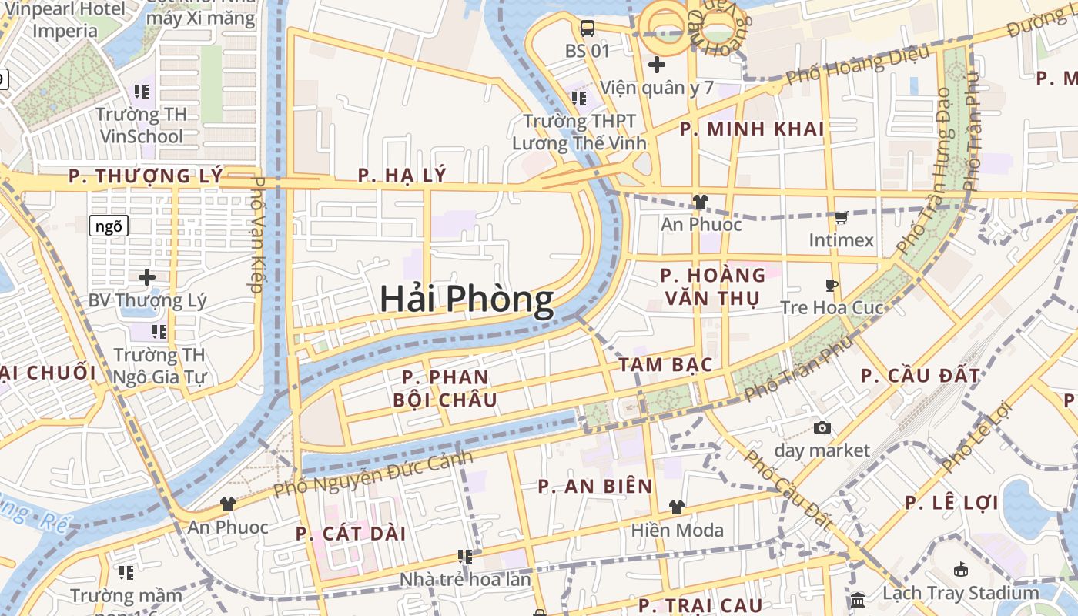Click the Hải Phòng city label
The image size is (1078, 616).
point(467,299)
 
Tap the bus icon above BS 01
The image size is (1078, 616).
point(588,28)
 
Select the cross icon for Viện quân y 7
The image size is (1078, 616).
point(656,65)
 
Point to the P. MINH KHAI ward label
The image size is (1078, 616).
point(752,129)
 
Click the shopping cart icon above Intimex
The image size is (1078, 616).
point(841,218)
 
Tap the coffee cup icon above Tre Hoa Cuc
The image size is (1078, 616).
point(832,286)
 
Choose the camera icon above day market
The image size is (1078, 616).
point(822,427)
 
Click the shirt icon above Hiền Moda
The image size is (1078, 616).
point(677,507)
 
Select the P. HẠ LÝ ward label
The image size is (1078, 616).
point(402,176)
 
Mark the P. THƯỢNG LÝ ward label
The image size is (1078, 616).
point(145,176)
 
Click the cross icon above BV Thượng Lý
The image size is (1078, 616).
point(147,277)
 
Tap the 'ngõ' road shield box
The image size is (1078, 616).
point(109,226)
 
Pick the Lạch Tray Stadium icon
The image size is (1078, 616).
point(960,571)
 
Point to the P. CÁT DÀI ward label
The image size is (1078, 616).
point(350,534)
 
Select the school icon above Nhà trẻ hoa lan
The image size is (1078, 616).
point(464,556)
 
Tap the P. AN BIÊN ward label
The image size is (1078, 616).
point(595,487)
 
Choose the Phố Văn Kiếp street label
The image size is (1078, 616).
point(257,235)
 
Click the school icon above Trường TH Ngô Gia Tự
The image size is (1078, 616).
point(159,332)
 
